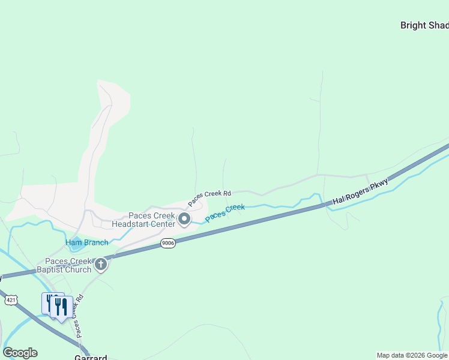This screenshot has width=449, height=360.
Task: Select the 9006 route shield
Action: pyautogui.click(x=168, y=244)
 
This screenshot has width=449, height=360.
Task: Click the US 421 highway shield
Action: pyautogui.click(x=10, y=299)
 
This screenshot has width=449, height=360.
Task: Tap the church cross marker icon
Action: pyautogui.click(x=101, y=264)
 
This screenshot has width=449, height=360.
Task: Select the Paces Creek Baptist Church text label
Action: pyautogui.click(x=69, y=265)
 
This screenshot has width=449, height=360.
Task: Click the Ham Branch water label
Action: pyautogui.click(x=86, y=242)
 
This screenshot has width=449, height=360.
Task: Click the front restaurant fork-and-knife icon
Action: pyautogui.click(x=61, y=307)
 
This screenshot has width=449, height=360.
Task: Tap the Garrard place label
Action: pyautogui.click(x=91, y=357)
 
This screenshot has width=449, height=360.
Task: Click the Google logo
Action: pyautogui.click(x=20, y=353)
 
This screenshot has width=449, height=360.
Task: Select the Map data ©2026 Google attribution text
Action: pyautogui.click(x=412, y=355)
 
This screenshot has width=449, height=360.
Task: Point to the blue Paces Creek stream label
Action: pyautogui.click(x=225, y=213)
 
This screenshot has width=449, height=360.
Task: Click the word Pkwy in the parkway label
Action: pyautogui.click(x=379, y=185)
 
